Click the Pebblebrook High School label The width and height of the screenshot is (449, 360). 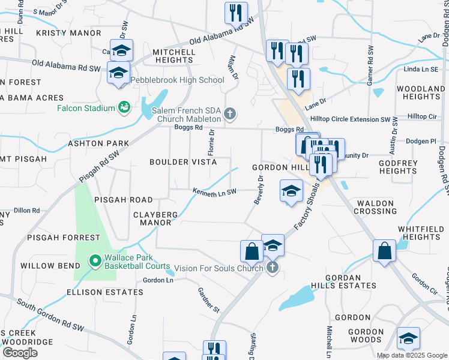tap(177, 80)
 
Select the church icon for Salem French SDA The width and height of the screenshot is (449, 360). tap(229, 114)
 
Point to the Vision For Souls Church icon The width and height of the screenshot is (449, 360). tap(273, 268)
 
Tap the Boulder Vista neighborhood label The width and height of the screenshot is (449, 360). tap(183, 162)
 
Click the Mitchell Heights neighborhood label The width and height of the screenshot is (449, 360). tap(174, 56)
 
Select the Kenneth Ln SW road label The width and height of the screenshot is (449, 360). tap(215, 191)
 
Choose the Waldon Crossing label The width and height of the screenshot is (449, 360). tap(376, 207)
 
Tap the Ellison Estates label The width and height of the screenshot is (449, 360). tap(106, 292)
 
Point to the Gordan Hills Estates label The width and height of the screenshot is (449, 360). tap(351, 281)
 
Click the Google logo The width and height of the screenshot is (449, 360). tap(20, 352)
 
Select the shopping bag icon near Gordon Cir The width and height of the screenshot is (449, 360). tap(384, 251)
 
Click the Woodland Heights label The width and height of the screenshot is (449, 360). tap(421, 92)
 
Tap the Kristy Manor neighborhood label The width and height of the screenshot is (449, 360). tap(68, 32)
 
